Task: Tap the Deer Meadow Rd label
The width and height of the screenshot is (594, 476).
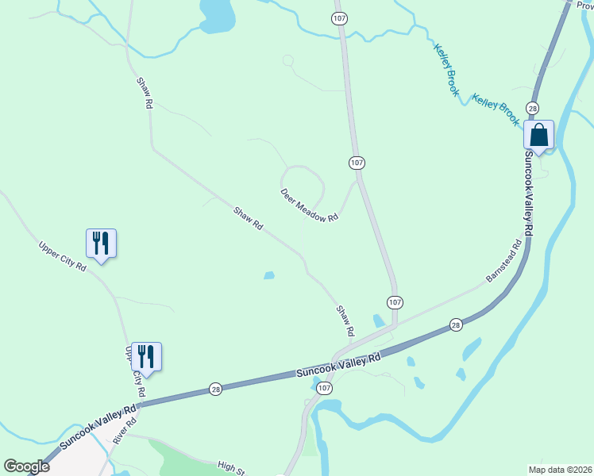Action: click(309, 205)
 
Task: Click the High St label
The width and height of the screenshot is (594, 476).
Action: click(231, 467)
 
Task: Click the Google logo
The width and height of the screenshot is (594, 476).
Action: click(26, 466)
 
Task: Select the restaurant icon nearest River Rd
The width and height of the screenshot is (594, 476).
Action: click(146, 355)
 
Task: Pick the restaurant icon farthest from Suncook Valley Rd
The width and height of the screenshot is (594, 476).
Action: click(101, 242)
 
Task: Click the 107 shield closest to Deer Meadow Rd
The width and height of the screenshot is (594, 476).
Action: click(357, 162)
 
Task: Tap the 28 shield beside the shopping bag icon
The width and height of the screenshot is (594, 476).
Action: click(532, 108)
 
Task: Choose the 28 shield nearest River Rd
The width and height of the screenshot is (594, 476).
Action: click(216, 389)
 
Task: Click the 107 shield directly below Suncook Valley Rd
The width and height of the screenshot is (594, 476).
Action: click(323, 389)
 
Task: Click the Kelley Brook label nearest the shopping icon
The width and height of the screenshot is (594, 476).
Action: click(496, 109)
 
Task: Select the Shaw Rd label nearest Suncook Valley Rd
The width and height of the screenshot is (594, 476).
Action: click(345, 319)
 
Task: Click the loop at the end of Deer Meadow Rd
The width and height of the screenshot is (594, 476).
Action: click(304, 182)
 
